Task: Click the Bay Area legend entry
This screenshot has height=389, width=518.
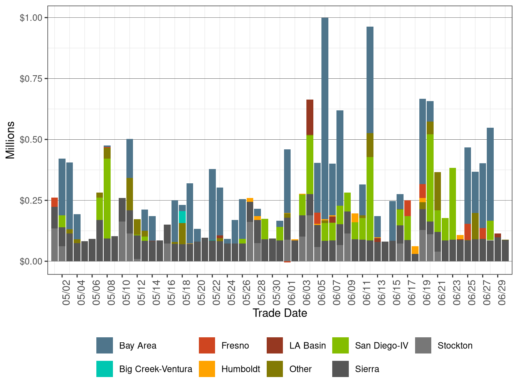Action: [x=138, y=345]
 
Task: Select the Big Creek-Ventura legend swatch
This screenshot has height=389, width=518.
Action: [x=105, y=369]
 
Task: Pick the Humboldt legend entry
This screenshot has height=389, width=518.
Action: [x=240, y=369]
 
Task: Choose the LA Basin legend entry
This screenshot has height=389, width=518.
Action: [x=307, y=345]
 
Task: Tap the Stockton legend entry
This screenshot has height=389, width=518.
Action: [x=455, y=345]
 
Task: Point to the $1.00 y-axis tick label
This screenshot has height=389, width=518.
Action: [x=32, y=18]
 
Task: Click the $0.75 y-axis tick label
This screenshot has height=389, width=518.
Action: [x=32, y=79]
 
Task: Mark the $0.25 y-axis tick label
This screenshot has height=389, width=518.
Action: [x=32, y=200]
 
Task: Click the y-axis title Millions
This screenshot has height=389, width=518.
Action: [x=10, y=140]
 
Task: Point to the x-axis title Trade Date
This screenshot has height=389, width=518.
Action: [x=280, y=313]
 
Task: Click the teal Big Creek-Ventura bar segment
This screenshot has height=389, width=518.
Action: [x=182, y=217]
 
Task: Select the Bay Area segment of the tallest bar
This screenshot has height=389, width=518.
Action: [x=325, y=116]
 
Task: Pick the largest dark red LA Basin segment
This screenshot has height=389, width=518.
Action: [x=310, y=117]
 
